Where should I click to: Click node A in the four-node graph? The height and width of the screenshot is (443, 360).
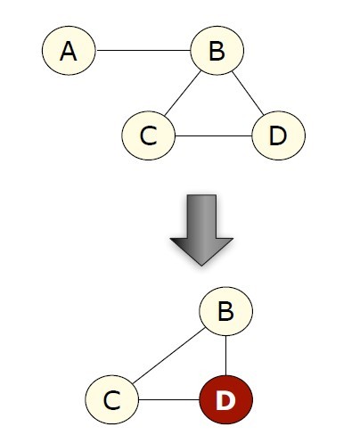69,51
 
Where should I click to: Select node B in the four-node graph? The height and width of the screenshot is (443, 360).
217,51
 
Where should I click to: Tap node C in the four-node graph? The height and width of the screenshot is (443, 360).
149,135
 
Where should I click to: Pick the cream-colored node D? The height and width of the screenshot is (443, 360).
278,135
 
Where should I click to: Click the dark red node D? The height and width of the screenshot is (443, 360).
226,399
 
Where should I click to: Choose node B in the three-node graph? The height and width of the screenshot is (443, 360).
226,311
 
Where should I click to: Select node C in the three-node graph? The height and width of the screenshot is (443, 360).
112,399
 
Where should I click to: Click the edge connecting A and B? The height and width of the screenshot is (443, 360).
143,50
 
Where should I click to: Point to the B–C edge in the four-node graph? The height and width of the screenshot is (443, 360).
183,94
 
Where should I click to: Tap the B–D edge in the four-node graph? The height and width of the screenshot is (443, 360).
248,94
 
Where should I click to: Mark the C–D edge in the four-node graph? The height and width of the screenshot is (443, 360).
214,135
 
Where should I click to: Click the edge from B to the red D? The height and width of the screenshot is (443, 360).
226,356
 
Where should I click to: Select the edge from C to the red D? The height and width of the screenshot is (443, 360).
169,399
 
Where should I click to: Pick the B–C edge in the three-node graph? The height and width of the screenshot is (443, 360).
168,356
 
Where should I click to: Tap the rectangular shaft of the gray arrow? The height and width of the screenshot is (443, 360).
201,217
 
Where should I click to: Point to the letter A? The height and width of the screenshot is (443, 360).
69,51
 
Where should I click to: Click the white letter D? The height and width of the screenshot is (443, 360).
225,400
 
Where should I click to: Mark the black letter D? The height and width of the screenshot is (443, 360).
278,136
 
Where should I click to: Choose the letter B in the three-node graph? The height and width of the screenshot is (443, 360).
226,311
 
